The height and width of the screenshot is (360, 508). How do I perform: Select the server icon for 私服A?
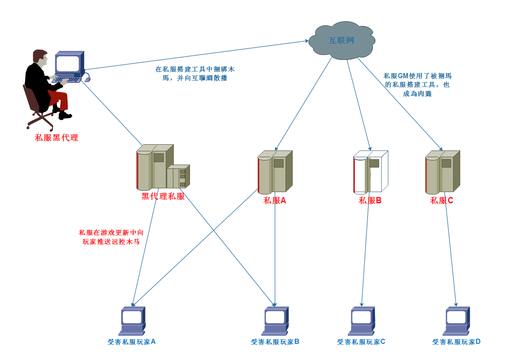[x=274, y=173]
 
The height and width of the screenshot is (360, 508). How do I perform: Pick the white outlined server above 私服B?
[x=370, y=173]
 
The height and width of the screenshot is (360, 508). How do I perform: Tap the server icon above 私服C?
[x=442, y=173]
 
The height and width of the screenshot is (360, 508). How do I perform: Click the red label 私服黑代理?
[x=57, y=138]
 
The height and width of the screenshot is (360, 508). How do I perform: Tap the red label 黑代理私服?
[x=163, y=196]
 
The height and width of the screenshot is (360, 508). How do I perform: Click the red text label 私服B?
[x=370, y=200]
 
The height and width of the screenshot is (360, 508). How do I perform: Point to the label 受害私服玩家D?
[x=456, y=342]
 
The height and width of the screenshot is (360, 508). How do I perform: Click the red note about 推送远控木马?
[x=111, y=237]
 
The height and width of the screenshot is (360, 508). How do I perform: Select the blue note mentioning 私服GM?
[x=417, y=85]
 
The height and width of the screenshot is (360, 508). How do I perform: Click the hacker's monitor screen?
[x=68, y=64]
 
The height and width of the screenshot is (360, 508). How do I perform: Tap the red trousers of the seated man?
[x=60, y=100]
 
